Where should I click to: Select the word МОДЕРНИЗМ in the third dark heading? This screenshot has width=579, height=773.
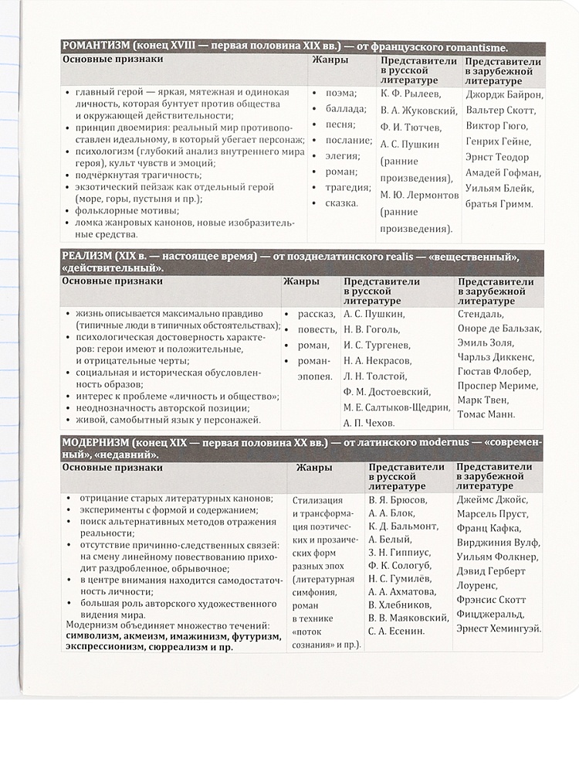click(95, 442)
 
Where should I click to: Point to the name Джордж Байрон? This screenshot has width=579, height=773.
click(504, 96)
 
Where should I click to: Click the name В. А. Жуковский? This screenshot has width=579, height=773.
click(416, 111)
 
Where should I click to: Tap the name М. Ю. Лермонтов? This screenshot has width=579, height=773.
click(419, 195)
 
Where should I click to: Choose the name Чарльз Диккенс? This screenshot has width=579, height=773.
click(496, 357)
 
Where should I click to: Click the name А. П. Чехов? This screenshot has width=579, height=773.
click(368, 423)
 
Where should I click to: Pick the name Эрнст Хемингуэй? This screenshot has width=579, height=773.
click(498, 628)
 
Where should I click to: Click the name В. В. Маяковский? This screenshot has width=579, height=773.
click(408, 617)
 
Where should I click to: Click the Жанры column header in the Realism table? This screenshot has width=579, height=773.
click(300, 281)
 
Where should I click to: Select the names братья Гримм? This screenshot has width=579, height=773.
click(499, 204)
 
